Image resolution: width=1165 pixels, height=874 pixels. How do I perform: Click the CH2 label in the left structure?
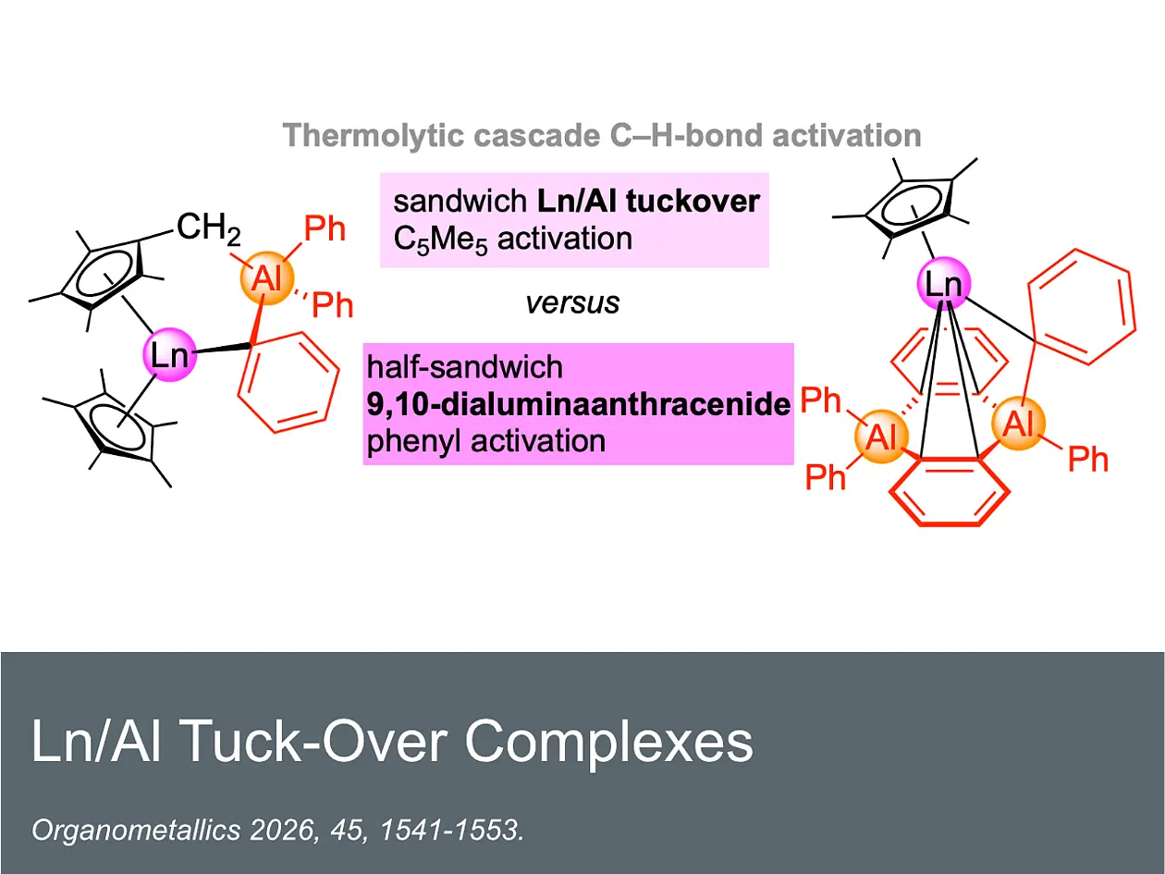(x=209, y=229)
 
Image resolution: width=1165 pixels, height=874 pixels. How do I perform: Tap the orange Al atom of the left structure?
(x=266, y=278)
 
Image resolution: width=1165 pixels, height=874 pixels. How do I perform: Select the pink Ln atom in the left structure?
(x=170, y=354)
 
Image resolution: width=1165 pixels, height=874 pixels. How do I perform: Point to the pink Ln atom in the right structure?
(x=944, y=284)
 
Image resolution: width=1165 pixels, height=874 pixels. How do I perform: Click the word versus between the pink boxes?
(x=572, y=303)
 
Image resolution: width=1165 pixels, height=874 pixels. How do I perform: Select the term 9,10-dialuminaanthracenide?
(x=579, y=404)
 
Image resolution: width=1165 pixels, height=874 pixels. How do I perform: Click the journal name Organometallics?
(x=137, y=830)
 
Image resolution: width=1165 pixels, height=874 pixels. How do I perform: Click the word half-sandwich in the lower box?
(x=465, y=367)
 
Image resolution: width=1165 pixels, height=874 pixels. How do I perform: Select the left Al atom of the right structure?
(x=881, y=437)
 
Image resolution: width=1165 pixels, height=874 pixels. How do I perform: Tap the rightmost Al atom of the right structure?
(x=1019, y=424)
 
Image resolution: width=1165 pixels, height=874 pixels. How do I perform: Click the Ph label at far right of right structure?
(x=1088, y=460)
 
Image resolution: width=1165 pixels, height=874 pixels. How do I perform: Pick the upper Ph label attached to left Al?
(x=324, y=229)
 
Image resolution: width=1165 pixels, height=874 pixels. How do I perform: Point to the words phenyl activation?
(x=486, y=441)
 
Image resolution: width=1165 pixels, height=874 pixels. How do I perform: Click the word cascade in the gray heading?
(x=536, y=136)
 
